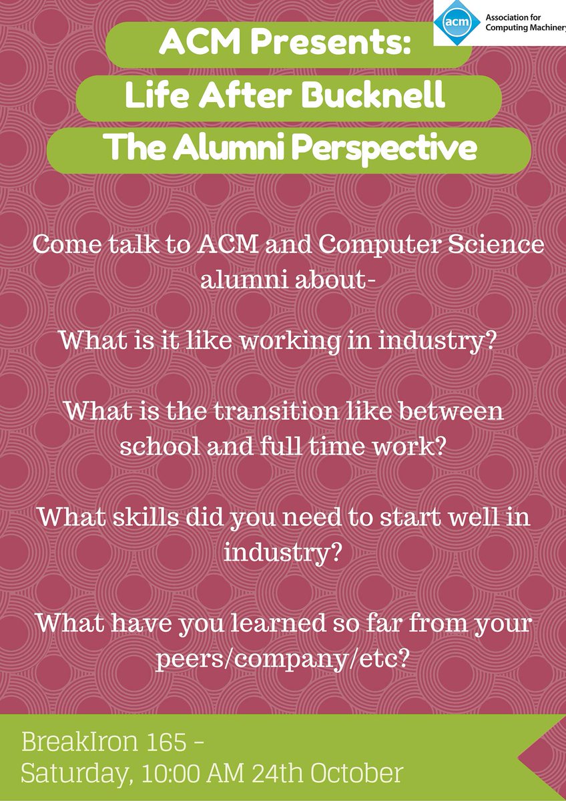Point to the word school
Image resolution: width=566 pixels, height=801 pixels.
click(158, 446)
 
